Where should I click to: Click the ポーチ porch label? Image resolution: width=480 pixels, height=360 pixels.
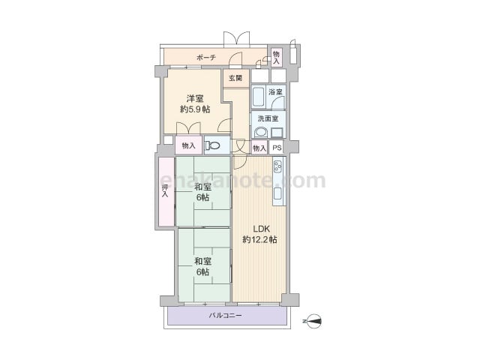click(206, 57)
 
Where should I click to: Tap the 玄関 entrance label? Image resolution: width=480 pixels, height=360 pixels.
click(235, 78)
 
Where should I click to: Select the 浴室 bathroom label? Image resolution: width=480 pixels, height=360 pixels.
click(275, 91)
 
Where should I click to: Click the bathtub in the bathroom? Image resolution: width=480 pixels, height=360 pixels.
click(259, 97)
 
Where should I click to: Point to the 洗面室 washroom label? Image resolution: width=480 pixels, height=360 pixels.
click(268, 118)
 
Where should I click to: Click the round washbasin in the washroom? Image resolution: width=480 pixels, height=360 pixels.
click(261, 133)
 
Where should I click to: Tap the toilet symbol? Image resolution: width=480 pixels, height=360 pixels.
click(212, 145)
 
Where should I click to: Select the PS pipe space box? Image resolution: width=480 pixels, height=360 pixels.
click(277, 148)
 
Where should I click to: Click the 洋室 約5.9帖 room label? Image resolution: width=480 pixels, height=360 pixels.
click(195, 104)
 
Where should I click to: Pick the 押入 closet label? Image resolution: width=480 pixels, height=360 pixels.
click(165, 191)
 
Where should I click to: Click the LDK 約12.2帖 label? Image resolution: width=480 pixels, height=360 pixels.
click(260, 234)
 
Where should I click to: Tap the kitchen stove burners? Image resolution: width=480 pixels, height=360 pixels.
click(278, 166)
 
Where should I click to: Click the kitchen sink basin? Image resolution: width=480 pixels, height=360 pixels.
click(278, 193)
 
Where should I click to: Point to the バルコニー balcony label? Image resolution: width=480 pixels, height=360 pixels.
click(225, 315)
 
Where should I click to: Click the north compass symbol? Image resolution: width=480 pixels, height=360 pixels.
click(313, 321)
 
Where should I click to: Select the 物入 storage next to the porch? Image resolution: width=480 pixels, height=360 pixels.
click(277, 58)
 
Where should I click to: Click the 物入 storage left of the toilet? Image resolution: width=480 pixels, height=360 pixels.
click(188, 145)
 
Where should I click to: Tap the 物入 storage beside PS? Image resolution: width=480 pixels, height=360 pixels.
click(259, 148)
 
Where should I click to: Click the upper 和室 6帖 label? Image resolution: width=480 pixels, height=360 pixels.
click(202, 192)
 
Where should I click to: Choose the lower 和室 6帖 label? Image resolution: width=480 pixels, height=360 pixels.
click(202, 266)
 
